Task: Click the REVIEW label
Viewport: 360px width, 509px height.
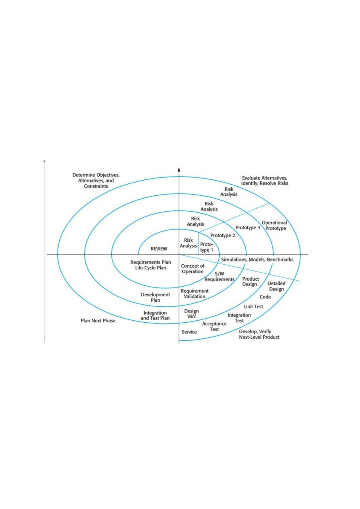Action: [159, 249]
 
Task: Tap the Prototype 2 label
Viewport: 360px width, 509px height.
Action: [223, 235]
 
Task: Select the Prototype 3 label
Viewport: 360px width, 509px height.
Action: [248, 227]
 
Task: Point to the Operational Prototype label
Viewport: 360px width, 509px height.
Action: [275, 225]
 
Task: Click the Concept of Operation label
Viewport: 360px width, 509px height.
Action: [193, 269]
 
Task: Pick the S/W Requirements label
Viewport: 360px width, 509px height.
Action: [220, 276]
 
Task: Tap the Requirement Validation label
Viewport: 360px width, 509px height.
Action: [194, 294]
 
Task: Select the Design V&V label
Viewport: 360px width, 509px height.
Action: [191, 314]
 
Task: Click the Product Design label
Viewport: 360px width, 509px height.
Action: [250, 282]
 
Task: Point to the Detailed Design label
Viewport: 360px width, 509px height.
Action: [276, 286]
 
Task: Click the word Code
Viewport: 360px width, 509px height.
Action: [265, 297]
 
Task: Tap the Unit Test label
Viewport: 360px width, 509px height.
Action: [253, 306]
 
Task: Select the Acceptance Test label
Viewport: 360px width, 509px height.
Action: [214, 326]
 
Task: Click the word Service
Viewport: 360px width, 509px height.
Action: [189, 332]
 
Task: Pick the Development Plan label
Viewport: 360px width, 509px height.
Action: [155, 297]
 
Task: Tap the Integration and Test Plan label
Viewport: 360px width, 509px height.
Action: [155, 315]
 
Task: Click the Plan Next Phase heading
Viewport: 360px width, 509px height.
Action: [98, 321]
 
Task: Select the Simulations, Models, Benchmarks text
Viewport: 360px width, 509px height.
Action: [257, 259]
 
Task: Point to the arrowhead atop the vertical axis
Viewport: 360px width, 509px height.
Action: [179, 169]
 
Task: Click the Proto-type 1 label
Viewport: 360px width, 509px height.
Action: [207, 247]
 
